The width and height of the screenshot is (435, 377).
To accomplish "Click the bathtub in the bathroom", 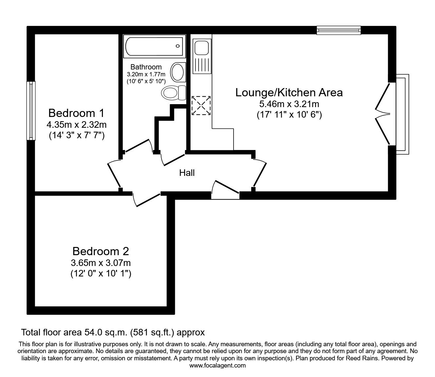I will (x=154, y=46).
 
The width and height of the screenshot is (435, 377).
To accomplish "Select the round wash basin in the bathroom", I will (x=178, y=72).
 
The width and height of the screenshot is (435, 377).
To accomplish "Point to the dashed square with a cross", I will (x=201, y=105).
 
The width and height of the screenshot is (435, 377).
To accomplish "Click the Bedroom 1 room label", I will (x=76, y=113).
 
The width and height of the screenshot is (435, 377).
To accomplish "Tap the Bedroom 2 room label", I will (x=101, y=252).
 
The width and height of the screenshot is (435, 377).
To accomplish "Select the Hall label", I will (x=187, y=173).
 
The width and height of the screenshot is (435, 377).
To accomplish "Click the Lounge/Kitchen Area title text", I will (x=289, y=92).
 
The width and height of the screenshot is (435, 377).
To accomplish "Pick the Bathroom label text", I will (x=146, y=67).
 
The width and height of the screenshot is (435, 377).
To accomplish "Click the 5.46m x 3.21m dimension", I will (x=289, y=104).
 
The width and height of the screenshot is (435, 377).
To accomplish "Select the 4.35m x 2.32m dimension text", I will (x=77, y=125).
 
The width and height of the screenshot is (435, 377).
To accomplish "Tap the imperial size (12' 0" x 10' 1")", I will (x=101, y=273).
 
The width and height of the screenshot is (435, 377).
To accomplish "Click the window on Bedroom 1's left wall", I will (x=31, y=111).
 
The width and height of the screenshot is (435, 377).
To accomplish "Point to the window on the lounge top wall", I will (x=338, y=30).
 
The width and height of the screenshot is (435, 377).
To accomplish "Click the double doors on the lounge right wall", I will (x=383, y=114).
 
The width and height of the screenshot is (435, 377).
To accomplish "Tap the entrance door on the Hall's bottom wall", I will (x=225, y=190).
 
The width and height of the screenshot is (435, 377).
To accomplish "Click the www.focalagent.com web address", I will (x=217, y=366).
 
